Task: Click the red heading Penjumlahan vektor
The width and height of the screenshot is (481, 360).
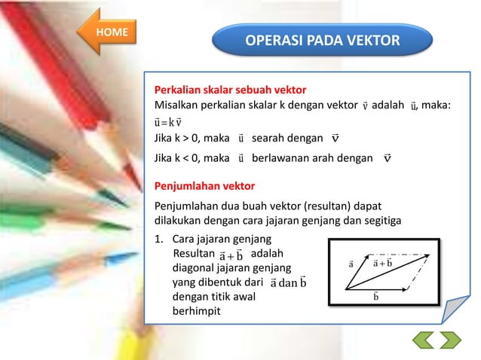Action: pyautogui.click(x=204, y=185)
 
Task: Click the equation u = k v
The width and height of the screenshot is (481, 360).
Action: pyautogui.click(x=168, y=122)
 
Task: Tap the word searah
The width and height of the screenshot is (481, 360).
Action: pyautogui.click(x=271, y=139)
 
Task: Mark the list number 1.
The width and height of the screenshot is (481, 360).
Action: pyautogui.click(x=158, y=239)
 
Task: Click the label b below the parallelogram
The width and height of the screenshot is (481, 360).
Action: pyautogui.click(x=375, y=297)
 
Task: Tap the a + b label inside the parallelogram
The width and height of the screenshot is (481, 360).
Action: pyautogui.click(x=383, y=263)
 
